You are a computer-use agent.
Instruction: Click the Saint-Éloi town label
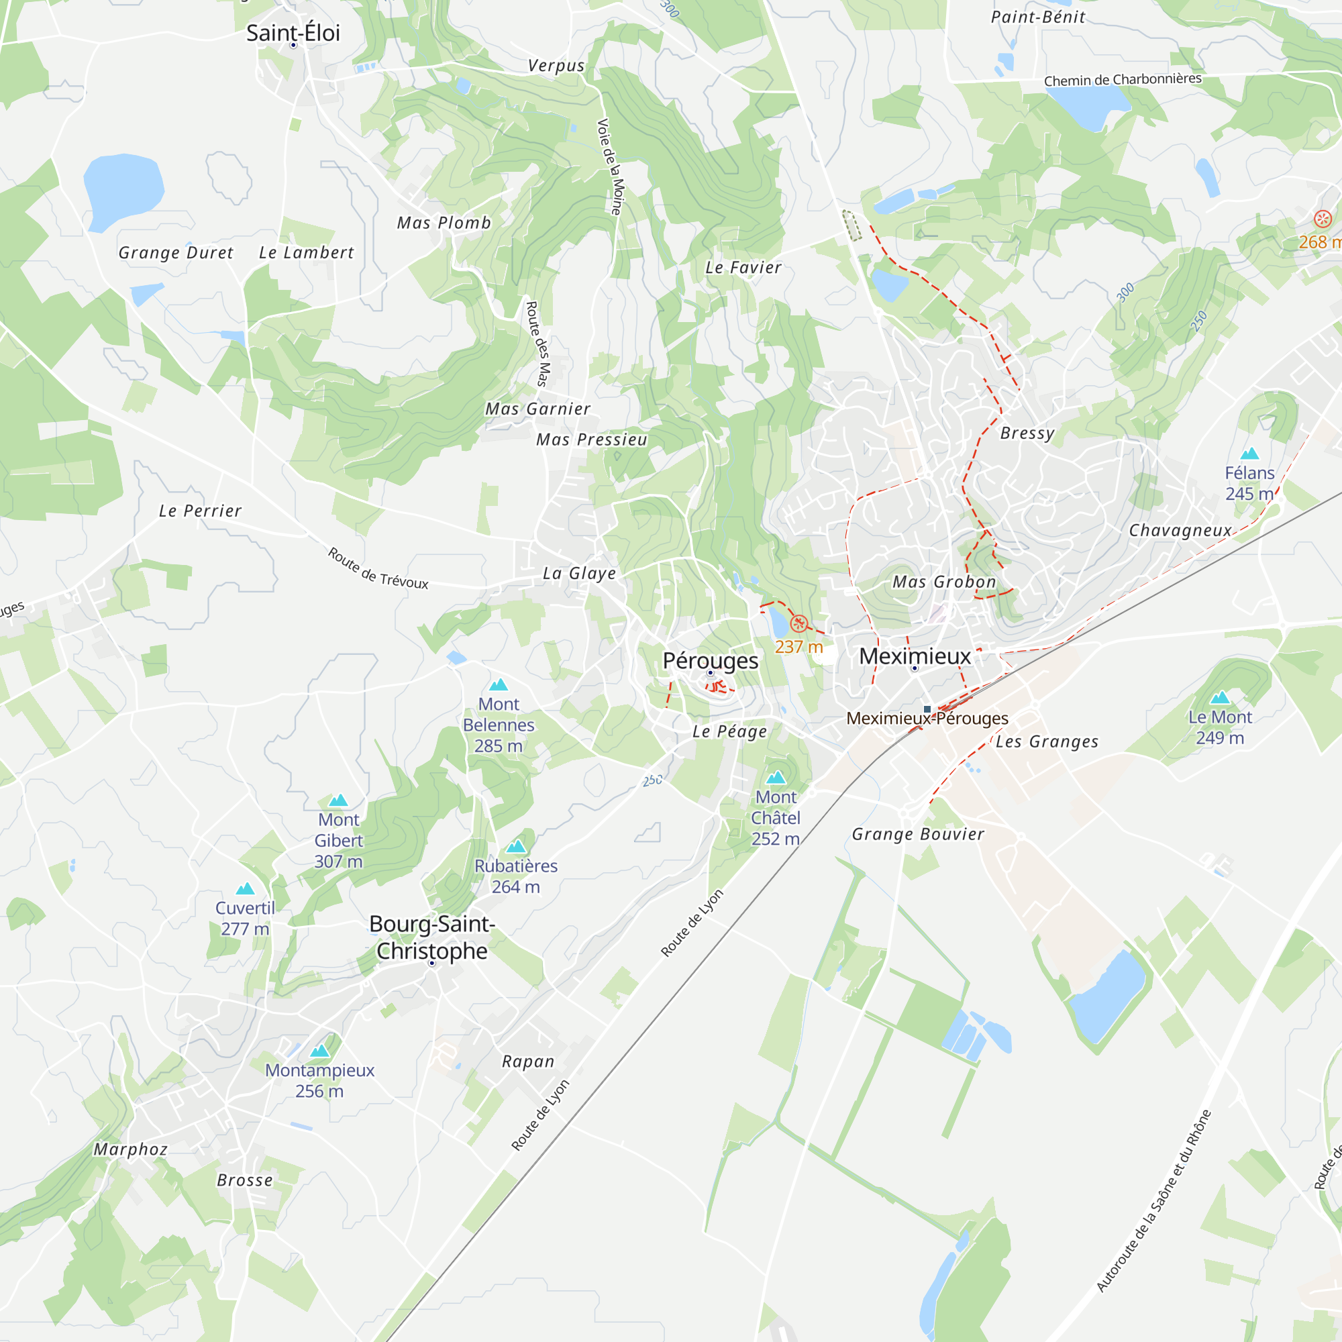[293, 33]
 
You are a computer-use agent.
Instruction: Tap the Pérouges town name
[710, 660]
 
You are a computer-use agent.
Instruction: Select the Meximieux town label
[914, 656]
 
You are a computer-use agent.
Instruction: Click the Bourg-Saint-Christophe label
[432, 937]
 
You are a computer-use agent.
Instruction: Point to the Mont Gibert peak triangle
[338, 801]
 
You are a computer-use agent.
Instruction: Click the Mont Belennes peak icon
[499, 685]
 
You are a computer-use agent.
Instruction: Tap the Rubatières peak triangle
[516, 847]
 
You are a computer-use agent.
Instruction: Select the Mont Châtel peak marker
[776, 777]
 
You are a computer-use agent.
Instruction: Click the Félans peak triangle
[1249, 454]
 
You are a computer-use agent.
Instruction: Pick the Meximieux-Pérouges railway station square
[927, 709]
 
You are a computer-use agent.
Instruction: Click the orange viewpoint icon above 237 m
[798, 623]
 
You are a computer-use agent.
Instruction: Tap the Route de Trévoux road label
[378, 568]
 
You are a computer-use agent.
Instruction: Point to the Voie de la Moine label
[611, 166]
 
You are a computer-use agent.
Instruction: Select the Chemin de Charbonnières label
[1123, 80]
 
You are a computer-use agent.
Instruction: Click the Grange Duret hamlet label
[176, 253]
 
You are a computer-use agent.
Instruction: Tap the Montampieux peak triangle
[319, 1051]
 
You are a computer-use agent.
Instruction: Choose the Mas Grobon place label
[944, 582]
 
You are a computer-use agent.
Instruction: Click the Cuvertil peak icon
[245, 888]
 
